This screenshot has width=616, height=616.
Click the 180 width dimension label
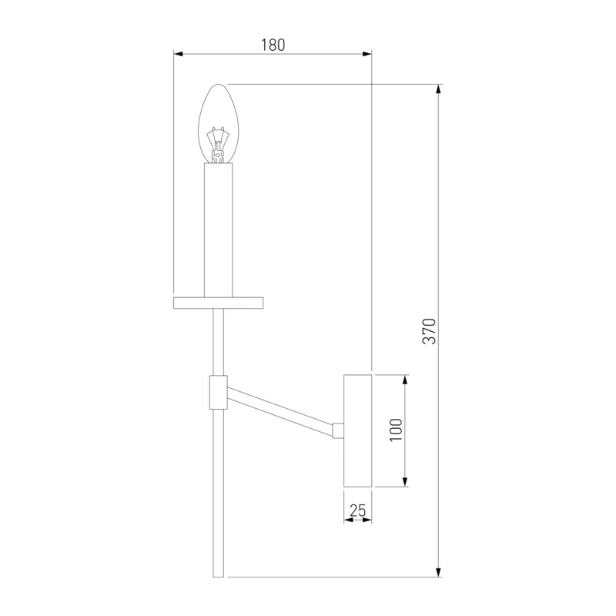pyautogui.click(x=273, y=45)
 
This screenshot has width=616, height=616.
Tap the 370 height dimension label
pyautogui.click(x=429, y=331)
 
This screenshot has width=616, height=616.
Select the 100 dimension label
pyautogui.click(x=396, y=430)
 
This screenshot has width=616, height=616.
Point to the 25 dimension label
pyautogui.click(x=357, y=511)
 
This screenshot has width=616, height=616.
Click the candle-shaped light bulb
pyautogui.click(x=218, y=123)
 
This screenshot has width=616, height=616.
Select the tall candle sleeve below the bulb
pyautogui.click(x=218, y=230)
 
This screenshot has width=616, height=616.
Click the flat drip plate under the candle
pyautogui.click(x=218, y=303)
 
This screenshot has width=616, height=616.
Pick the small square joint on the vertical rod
pyautogui.click(x=218, y=392)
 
